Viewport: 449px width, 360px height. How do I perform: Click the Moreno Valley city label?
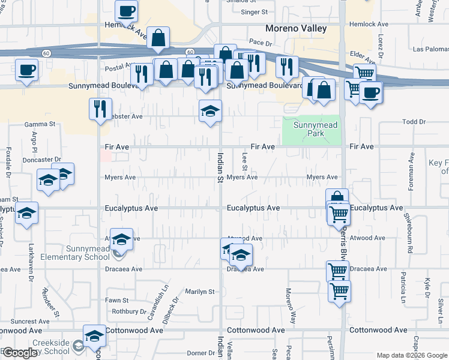coord(297,28)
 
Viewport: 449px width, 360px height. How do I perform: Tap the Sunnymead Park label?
coord(315,129)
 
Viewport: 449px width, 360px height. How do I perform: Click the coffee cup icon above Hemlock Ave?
coord(127,11)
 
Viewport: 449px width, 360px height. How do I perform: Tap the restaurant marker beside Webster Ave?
coord(100,109)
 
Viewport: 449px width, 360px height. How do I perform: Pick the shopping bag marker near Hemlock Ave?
coord(157,38)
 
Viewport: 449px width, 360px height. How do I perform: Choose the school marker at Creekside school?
coord(94,337)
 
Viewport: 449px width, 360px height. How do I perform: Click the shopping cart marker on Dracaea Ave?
coord(337,271)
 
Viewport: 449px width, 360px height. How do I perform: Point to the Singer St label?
coord(254,11)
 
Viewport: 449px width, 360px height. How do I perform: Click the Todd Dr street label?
coord(414,122)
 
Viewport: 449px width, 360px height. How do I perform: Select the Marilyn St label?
coord(200,292)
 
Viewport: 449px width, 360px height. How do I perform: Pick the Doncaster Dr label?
coord(41,160)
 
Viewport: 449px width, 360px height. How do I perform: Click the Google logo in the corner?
coord(20,353)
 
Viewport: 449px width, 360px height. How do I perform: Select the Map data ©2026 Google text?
coord(411,355)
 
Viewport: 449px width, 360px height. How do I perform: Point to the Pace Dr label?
coord(261,43)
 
